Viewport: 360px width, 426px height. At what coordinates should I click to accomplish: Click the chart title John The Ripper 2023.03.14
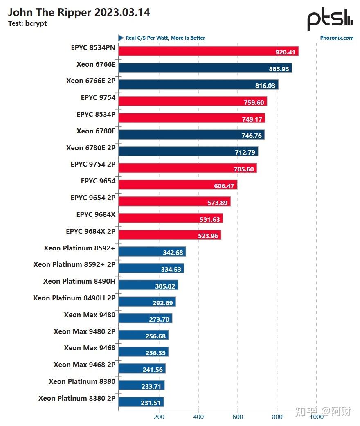[x=79, y=13]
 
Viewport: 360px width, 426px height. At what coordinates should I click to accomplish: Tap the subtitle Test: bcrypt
[x=27, y=24]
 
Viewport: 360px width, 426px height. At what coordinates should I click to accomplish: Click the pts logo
[x=330, y=19]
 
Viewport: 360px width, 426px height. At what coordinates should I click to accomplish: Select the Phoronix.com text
[x=337, y=38]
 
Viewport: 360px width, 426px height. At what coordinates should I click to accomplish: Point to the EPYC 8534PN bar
[x=208, y=51]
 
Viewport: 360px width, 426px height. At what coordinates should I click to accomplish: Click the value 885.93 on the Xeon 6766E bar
[x=279, y=69]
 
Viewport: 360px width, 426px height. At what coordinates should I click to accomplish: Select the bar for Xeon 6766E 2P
[x=198, y=84]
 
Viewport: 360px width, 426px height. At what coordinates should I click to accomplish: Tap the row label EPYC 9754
[x=98, y=97]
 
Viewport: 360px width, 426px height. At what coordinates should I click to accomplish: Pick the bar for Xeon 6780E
[x=191, y=135]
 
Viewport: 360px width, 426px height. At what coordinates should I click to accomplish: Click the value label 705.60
[x=244, y=169]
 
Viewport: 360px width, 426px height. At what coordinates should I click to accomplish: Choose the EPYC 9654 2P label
[x=93, y=198]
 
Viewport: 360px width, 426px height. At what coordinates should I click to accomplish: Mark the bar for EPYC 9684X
[x=171, y=218]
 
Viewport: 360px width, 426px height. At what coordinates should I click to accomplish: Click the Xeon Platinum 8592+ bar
[x=152, y=252]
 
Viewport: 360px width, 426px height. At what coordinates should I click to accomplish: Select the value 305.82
[x=165, y=286]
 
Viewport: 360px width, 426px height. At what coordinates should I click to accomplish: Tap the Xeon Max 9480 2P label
[x=85, y=332]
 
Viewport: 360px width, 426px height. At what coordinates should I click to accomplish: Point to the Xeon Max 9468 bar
[x=144, y=352]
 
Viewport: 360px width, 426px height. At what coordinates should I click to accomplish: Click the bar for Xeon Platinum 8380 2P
[x=141, y=402]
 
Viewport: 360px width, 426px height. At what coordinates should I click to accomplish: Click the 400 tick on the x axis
[x=198, y=417]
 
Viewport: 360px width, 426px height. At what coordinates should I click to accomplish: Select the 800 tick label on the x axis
[x=277, y=417]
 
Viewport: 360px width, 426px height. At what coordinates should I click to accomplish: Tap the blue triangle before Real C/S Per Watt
[x=121, y=38]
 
